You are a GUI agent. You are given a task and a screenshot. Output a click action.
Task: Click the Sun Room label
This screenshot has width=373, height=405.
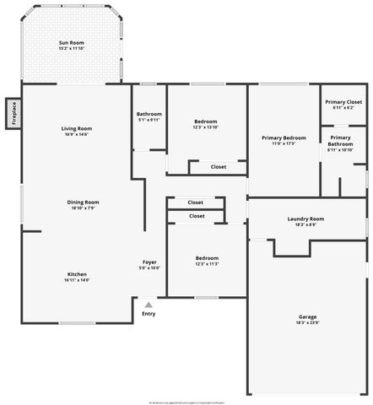tap(71, 42)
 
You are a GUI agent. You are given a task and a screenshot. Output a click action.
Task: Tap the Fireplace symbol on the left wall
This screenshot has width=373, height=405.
tap(14, 112)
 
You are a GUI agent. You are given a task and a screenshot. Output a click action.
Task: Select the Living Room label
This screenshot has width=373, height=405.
tap(76, 128)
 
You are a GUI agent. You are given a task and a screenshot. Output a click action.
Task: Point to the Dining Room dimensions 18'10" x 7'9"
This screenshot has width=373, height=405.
tap(84, 208)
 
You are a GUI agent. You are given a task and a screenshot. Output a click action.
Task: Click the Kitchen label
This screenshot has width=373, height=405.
tap(76, 274)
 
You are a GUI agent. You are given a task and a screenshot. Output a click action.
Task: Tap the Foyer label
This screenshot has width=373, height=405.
tap(149, 262)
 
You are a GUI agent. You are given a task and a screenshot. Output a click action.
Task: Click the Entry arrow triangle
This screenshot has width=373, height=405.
tap(149, 305)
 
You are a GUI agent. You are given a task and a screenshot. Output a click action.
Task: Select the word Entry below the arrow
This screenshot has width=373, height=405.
tap(149, 314)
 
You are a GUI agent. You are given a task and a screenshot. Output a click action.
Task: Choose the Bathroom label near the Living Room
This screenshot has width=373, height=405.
tap(149, 114)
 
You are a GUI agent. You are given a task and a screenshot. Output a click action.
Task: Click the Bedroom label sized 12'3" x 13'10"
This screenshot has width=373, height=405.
tap(206, 121)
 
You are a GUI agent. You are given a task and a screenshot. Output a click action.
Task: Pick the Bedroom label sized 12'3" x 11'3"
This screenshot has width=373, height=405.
tap(207, 258)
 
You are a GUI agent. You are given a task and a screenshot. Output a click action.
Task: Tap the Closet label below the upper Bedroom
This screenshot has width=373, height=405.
tap(218, 167)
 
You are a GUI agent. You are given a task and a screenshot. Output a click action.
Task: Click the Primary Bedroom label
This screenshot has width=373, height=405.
tap(284, 138)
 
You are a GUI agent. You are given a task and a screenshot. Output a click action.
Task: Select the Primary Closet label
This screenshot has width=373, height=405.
tap(343, 101)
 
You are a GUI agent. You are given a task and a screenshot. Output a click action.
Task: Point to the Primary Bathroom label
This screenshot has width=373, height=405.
tap(341, 140)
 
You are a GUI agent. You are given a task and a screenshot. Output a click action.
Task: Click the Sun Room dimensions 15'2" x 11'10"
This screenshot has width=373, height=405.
tap(71, 48)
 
